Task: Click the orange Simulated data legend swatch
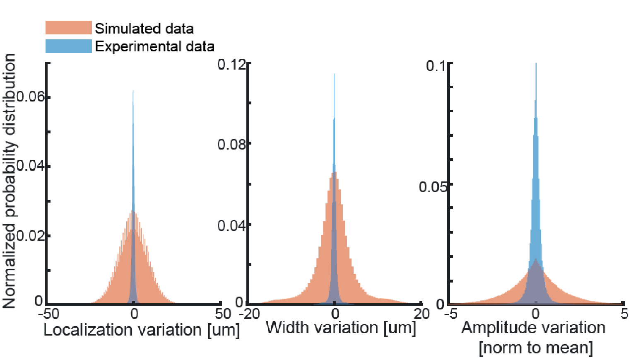click(x=68, y=28)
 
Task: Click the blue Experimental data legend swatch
click(x=68, y=46)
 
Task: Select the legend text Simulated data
click(x=144, y=29)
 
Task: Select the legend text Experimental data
click(x=154, y=46)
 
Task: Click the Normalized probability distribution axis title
click(x=10, y=181)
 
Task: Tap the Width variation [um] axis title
click(x=341, y=328)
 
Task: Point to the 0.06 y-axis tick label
click(x=30, y=97)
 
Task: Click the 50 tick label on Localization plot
click(x=223, y=314)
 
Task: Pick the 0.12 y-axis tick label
click(x=231, y=65)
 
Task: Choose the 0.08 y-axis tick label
click(x=231, y=145)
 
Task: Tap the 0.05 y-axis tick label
click(x=433, y=187)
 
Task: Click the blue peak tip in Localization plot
click(x=133, y=91)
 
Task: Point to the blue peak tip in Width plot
click(x=334, y=75)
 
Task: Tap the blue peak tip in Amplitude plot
click(x=536, y=63)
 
